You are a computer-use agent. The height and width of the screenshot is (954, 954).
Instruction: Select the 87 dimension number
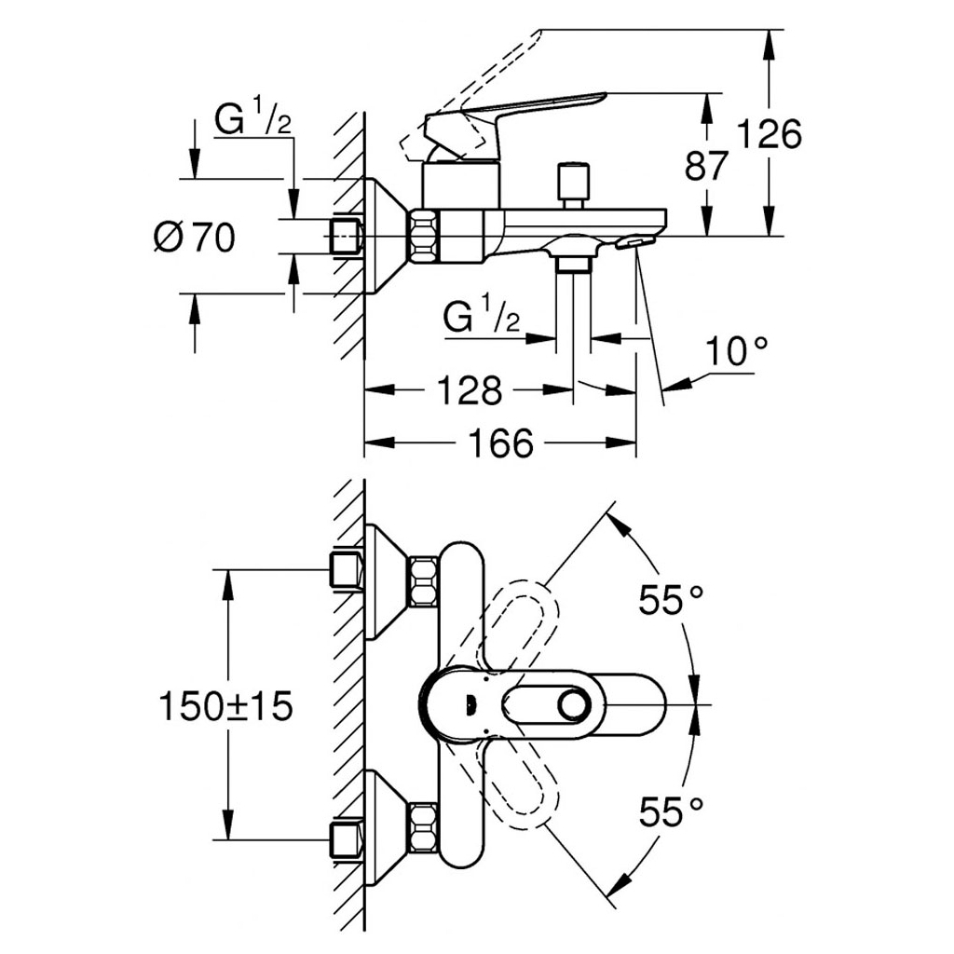click(706, 168)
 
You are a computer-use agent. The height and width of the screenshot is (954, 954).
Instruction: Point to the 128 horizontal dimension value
click(467, 391)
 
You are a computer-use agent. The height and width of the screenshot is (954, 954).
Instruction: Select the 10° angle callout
click(736, 353)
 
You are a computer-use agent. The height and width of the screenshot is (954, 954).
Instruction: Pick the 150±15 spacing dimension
click(225, 705)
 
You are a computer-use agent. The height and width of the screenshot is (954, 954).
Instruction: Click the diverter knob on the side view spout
click(572, 182)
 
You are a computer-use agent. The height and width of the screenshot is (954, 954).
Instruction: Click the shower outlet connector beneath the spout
click(572, 266)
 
